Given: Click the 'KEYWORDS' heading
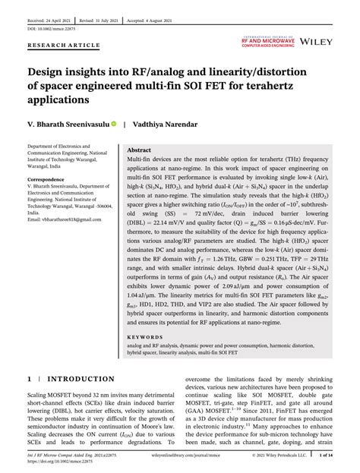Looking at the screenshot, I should click(x=144, y=335).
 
